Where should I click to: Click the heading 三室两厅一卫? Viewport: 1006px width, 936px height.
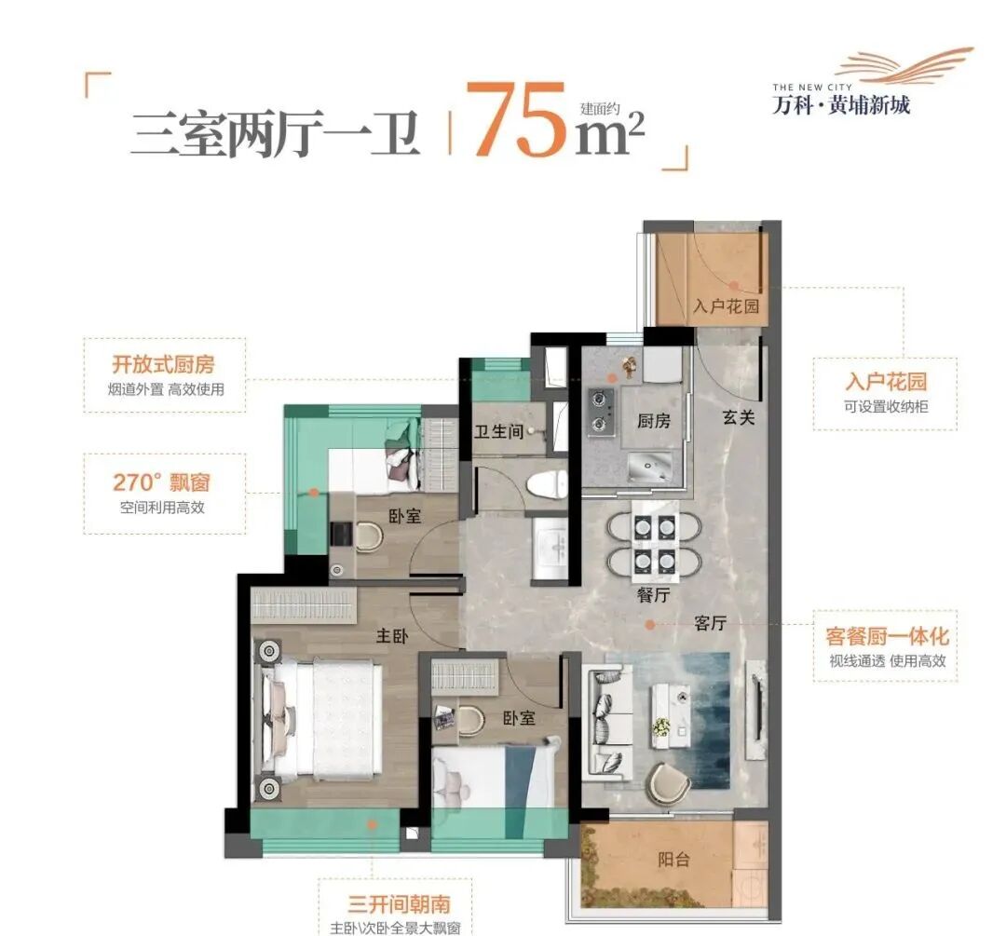[275, 133]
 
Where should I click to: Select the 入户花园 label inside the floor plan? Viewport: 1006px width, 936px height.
[726, 306]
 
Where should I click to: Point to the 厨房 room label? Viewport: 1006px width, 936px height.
[653, 420]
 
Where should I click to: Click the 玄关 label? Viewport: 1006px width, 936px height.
[738, 418]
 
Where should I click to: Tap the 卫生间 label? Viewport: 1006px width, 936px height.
[496, 431]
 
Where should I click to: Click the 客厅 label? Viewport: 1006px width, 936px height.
[710, 624]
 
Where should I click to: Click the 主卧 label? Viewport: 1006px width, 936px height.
[388, 637]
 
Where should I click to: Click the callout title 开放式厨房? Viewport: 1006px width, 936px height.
[163, 365]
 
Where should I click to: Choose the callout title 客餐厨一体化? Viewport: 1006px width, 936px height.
[886, 636]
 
